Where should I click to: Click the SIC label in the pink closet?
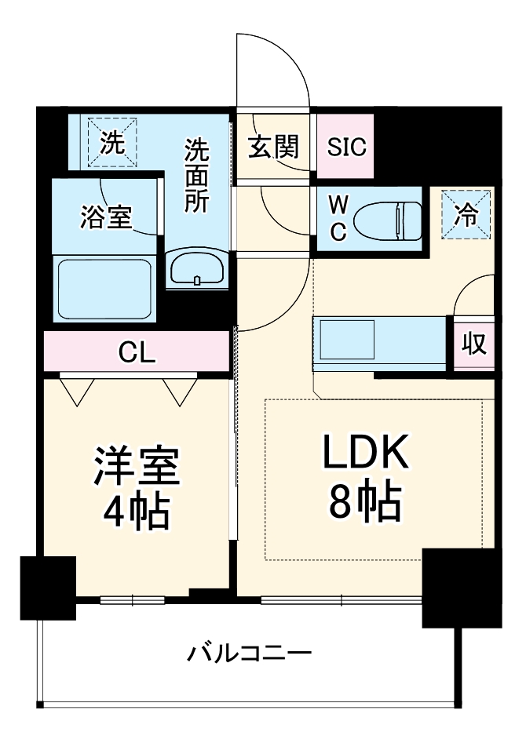point(347,148)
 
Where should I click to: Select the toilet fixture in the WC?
point(388,220)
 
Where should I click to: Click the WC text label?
point(338,220)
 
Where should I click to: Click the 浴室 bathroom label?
point(105,217)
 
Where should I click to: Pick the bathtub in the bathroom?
point(104,287)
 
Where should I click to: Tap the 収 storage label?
point(474,344)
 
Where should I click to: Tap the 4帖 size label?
point(137,512)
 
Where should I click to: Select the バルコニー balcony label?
point(250,653)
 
